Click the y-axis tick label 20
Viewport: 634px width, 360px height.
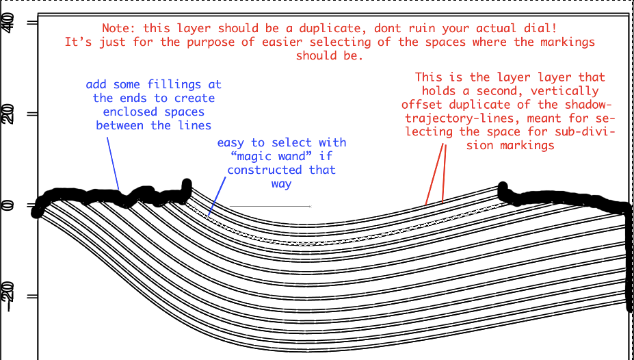(x=8, y=114)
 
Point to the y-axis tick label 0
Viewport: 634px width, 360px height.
(x=8, y=205)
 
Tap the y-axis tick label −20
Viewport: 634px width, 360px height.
(x=8, y=292)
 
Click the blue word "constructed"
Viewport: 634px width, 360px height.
(x=265, y=170)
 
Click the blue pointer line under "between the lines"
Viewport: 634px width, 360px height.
(x=113, y=164)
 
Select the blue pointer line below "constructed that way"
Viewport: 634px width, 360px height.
(x=217, y=196)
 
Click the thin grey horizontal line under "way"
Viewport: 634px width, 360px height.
(x=270, y=206)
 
